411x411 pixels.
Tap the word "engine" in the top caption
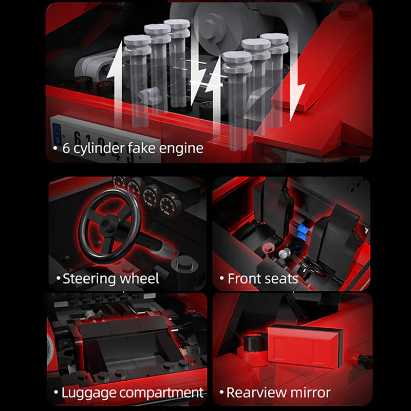(181, 149)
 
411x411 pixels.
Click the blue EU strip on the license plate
(57, 134)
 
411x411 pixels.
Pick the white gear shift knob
(284, 254)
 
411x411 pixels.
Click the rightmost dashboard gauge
(169, 205)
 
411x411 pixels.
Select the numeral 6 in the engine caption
(66, 148)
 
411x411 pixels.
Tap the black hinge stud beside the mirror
(253, 343)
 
